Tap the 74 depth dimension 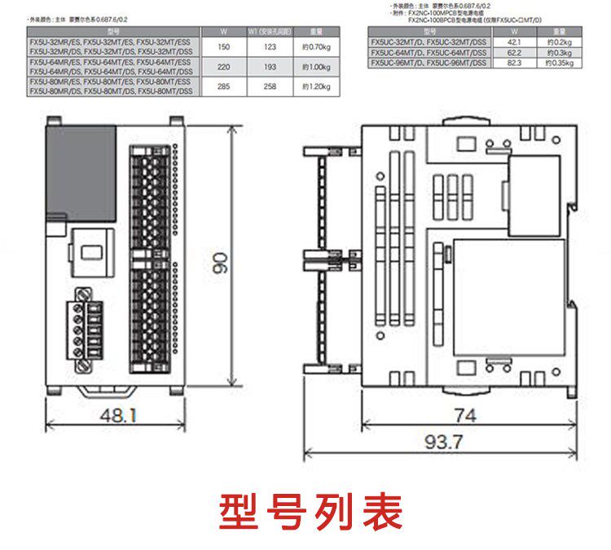pos(465,416)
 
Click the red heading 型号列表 pos(310,511)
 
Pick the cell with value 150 pos(224,47)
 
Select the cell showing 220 pos(224,67)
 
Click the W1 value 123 pos(270,47)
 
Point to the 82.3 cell pos(513,61)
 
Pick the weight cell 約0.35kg pos(558,61)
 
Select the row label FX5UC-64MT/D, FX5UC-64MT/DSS pos(429,50)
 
